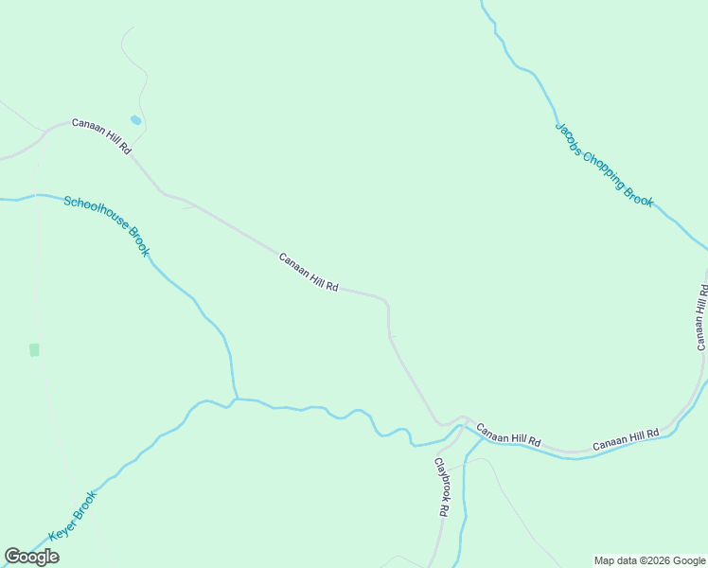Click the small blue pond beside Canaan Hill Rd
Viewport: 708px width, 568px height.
135,120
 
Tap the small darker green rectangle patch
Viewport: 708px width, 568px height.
35,350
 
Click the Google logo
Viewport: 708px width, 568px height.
31,557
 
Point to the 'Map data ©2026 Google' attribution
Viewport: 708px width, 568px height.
649,560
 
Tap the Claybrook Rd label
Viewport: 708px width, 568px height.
441,488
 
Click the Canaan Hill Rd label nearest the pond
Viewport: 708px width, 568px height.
101,136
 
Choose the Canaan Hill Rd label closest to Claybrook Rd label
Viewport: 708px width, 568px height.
508,436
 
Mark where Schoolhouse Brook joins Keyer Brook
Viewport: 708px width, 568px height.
235,399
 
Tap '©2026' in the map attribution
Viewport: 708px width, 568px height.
643,560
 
